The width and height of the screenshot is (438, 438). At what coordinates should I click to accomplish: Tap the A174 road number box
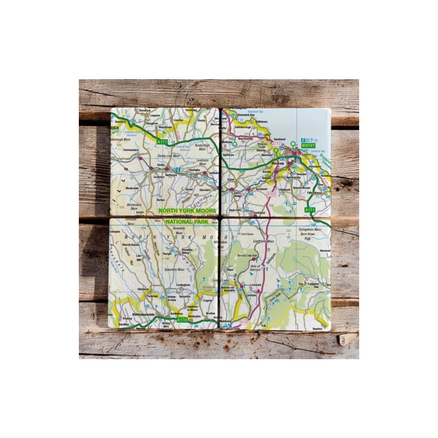click(x=276, y=144)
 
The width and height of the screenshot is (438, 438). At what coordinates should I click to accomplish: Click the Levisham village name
click(x=255, y=285)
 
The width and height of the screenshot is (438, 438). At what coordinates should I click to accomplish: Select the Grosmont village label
click(x=261, y=189)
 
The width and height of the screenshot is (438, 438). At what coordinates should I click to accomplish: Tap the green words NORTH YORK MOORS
click(x=187, y=211)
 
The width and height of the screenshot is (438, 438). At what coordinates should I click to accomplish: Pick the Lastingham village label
click(x=182, y=285)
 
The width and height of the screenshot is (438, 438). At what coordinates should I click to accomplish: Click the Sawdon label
click(x=318, y=328)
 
